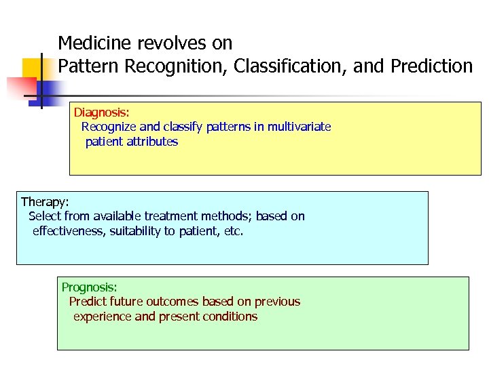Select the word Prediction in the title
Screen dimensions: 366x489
431,66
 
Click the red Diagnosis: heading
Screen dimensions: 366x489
101,112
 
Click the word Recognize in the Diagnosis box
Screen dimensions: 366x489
109,127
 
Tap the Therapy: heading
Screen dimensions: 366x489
45,201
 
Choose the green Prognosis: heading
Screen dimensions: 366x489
90,287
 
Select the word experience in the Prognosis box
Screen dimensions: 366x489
103,317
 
